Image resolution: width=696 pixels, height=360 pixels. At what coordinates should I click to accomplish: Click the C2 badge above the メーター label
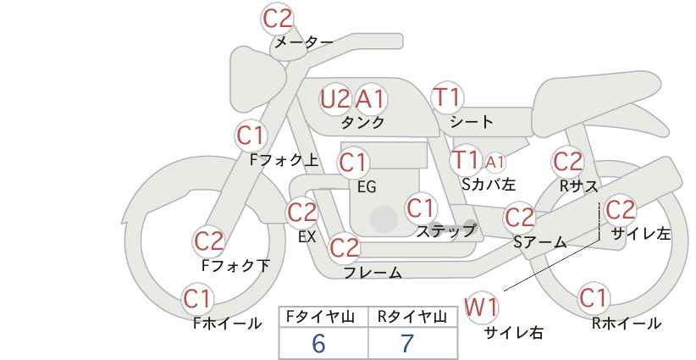pyautogui.click(x=278, y=19)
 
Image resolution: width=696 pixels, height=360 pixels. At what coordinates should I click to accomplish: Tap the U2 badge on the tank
pyautogui.click(x=335, y=99)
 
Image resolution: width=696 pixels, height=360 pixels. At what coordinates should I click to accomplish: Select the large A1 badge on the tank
pyautogui.click(x=371, y=99)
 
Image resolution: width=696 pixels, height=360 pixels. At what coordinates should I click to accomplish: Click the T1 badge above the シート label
pyautogui.click(x=447, y=97)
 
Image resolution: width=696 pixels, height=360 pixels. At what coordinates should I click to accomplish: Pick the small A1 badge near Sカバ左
pyautogui.click(x=494, y=163)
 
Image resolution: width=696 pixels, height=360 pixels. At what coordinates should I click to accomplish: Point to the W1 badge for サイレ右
pyautogui.click(x=481, y=307)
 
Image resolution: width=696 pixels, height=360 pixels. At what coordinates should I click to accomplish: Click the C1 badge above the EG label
pyautogui.click(x=353, y=163)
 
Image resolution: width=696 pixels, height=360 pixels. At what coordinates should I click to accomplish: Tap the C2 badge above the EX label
pyautogui.click(x=302, y=213)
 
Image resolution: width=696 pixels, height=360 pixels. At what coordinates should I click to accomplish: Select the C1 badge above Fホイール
pyautogui.click(x=197, y=299)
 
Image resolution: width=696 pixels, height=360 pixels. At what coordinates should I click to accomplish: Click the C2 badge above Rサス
pyautogui.click(x=568, y=162)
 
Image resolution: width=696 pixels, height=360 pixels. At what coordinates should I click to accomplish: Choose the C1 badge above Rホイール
pyautogui.click(x=593, y=298)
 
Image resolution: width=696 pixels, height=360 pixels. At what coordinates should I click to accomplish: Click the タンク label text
pyautogui.click(x=362, y=123)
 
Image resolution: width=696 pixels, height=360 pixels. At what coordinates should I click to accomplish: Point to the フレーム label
pyautogui.click(x=373, y=273)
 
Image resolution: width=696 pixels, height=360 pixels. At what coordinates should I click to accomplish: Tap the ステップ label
pyautogui.click(x=446, y=231)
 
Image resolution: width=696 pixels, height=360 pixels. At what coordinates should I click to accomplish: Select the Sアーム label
pyautogui.click(x=540, y=242)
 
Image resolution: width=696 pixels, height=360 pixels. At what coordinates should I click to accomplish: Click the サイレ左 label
pyautogui.click(x=641, y=234)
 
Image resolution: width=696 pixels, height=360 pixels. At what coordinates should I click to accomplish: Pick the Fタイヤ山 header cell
pyautogui.click(x=323, y=317)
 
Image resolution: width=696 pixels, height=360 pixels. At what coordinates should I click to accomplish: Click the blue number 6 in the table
pyautogui.click(x=318, y=343)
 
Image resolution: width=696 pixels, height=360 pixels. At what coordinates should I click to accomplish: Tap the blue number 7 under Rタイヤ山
pyautogui.click(x=407, y=343)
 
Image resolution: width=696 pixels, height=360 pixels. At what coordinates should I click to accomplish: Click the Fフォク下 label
pyautogui.click(x=235, y=265)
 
